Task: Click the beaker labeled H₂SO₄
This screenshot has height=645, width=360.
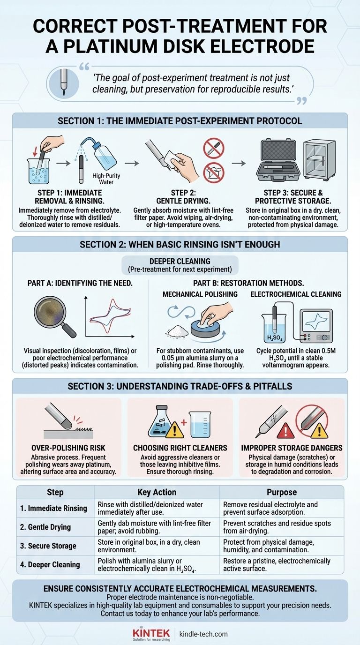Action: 274,328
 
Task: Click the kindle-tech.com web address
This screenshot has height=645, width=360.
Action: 203,634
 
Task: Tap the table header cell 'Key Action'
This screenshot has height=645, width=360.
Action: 157,492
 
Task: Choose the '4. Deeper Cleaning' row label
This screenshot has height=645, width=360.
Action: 50,564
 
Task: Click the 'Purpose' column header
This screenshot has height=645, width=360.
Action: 282,492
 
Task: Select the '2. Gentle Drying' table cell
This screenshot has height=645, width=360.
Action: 45,527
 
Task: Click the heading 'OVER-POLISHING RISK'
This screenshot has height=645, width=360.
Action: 68,448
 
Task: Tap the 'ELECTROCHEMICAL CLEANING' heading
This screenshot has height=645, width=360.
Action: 296,294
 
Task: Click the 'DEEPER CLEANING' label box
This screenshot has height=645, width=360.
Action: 180,265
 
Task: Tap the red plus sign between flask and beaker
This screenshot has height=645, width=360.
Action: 184,423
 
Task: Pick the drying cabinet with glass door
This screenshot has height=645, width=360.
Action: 319,160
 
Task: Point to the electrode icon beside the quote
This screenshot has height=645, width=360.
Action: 64,82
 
